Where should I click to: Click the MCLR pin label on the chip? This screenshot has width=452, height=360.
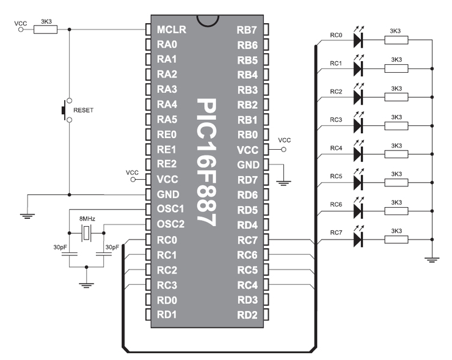172,29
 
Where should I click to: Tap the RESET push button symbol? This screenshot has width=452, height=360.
67,110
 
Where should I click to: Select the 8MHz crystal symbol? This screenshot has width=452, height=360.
86,233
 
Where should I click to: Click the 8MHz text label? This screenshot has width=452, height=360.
87,219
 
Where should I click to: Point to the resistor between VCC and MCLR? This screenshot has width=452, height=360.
46,29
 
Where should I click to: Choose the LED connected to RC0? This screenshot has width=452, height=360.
359,38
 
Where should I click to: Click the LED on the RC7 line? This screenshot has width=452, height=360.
359,238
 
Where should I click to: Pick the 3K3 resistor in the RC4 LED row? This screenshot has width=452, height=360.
396,154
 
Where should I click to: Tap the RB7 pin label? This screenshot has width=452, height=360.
247,30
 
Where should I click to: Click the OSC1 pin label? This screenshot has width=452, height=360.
170,208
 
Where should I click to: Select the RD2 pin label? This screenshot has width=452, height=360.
247,315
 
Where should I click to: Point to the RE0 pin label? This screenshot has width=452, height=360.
167,134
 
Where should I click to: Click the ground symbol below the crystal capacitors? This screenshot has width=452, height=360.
86,285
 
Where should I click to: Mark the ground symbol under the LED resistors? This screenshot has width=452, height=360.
432,260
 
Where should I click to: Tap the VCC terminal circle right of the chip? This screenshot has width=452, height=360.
283,149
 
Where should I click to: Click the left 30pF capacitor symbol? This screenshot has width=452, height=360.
69,254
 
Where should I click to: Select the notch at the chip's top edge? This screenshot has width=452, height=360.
207,21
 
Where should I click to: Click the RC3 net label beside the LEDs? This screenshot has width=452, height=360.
336,120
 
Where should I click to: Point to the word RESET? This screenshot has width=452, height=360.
83,110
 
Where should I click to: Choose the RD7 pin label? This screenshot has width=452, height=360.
247,180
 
